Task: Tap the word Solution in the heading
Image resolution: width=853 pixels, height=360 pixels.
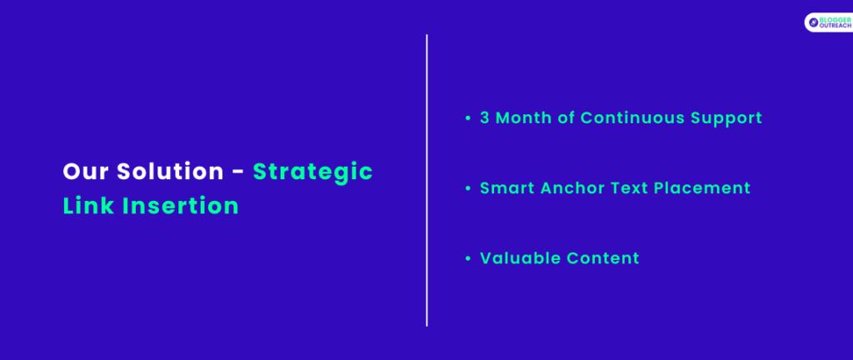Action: click(170, 172)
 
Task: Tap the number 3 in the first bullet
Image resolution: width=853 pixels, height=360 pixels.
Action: click(485, 118)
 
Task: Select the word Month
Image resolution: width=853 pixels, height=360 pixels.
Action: click(524, 118)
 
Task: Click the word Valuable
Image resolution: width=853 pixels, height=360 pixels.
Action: click(520, 258)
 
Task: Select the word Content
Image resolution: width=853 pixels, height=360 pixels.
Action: click(603, 258)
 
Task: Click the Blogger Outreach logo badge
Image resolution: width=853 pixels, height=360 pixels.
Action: click(829, 22)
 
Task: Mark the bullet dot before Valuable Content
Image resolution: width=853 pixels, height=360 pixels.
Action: click(467, 258)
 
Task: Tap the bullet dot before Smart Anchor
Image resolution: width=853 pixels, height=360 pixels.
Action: click(467, 188)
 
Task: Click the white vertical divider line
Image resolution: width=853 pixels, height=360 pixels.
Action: click(427, 181)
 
